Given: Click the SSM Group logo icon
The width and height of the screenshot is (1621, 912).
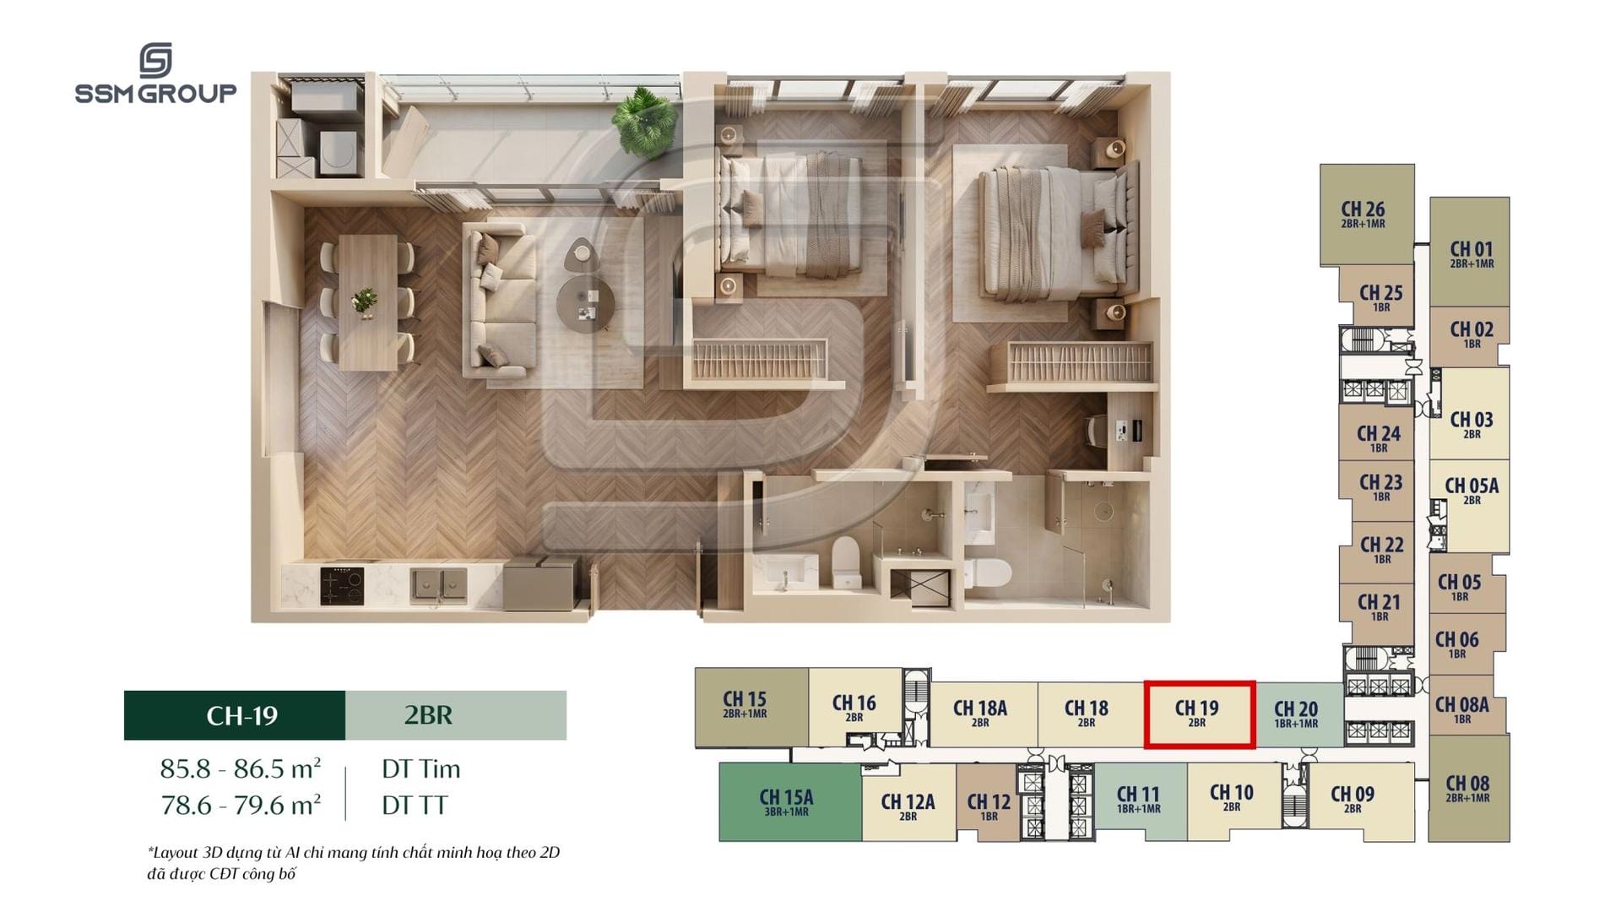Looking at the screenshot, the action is click(155, 60).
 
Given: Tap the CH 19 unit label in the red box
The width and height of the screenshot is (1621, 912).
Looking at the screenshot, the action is click(1196, 713).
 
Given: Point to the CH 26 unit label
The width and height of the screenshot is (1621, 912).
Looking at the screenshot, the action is click(1363, 214).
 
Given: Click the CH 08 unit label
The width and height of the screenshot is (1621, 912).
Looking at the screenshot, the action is click(1467, 788).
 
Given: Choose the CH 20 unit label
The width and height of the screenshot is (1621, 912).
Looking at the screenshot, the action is click(1296, 714).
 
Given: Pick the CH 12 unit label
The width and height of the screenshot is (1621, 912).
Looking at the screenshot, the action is click(989, 806).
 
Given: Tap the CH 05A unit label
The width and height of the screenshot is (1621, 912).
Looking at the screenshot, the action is click(1472, 491).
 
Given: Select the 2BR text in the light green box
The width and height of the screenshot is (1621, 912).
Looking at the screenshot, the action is click(428, 715).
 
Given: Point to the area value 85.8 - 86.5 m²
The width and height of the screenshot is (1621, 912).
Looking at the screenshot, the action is click(241, 768).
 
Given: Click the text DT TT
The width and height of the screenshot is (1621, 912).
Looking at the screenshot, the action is click(415, 806).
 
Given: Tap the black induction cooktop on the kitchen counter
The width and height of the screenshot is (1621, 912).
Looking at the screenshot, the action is click(342, 586).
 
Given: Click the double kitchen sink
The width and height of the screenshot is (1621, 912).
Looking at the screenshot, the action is click(438, 585).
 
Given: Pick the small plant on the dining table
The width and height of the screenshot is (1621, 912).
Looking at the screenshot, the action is click(366, 301).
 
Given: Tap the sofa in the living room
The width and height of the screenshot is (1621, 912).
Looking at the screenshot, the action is click(499, 299).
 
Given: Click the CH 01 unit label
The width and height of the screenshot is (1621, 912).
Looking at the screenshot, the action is click(1472, 254).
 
